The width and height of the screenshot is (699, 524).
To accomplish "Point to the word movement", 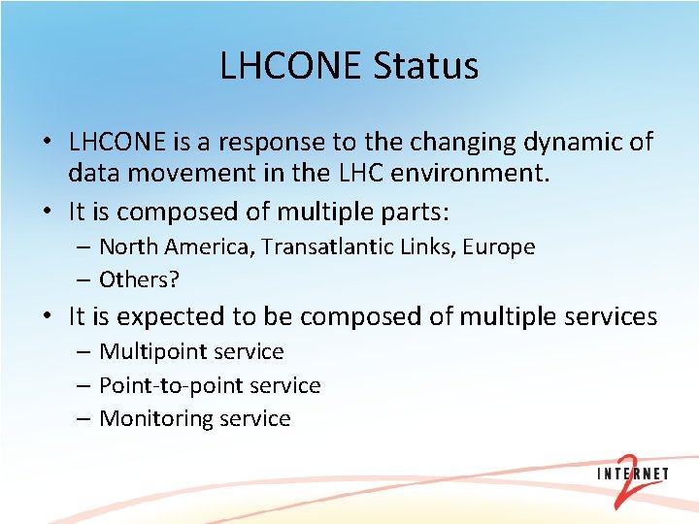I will tap(193, 175).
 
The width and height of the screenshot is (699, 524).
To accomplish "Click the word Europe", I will tap(498, 246).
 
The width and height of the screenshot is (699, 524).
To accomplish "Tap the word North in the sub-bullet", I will tap(130, 246).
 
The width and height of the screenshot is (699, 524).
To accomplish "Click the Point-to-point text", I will tap(172, 385).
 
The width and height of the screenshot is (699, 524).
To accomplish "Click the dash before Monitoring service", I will tap(82, 418).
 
